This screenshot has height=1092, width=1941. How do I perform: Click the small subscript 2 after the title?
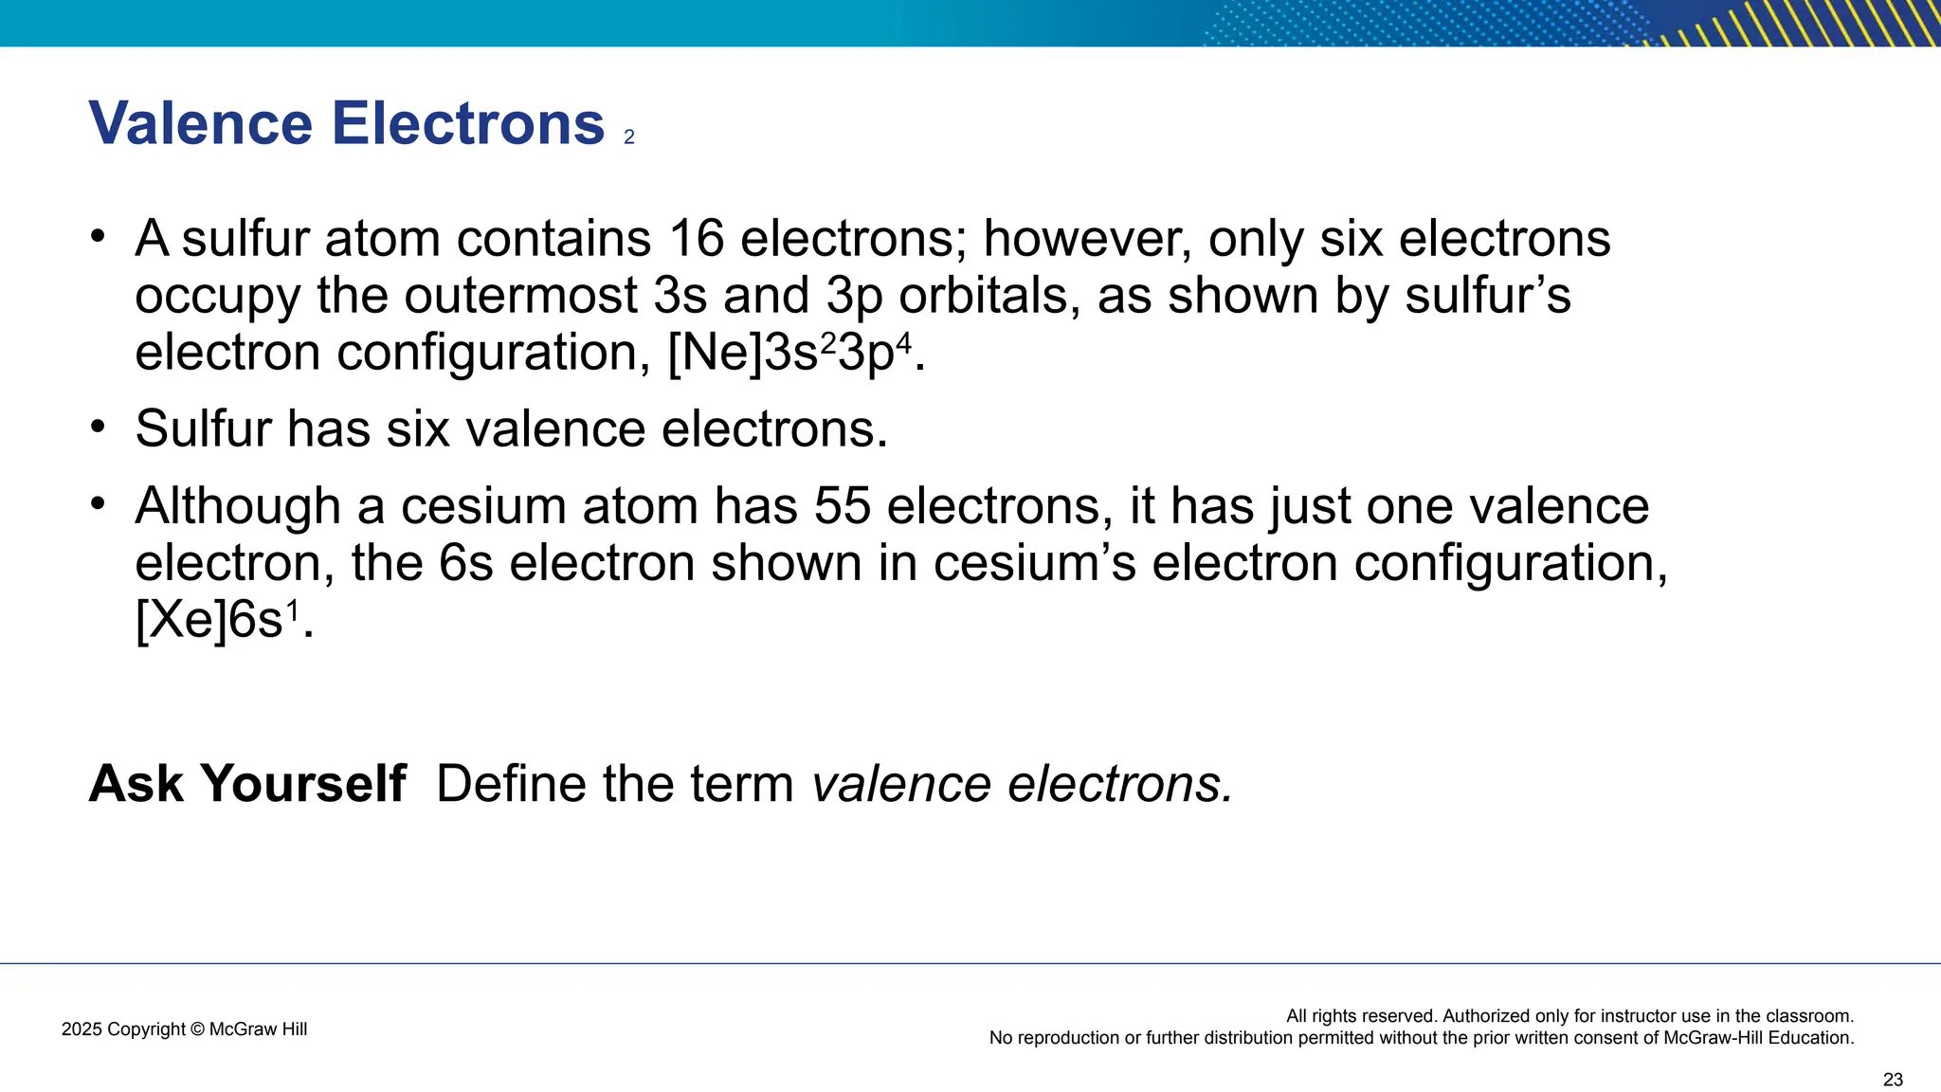click(x=629, y=137)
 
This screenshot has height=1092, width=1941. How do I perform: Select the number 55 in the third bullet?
click(x=843, y=506)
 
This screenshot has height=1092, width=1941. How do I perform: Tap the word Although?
click(x=238, y=506)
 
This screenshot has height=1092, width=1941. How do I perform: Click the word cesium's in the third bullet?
click(x=1034, y=563)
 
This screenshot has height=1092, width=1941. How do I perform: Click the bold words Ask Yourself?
click(x=247, y=784)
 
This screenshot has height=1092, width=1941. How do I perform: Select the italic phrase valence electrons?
click(x=1023, y=784)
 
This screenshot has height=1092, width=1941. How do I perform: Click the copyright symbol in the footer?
click(x=197, y=1029)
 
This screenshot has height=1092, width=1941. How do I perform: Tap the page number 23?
click(x=1893, y=1080)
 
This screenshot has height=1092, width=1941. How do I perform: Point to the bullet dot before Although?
click(x=98, y=502)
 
